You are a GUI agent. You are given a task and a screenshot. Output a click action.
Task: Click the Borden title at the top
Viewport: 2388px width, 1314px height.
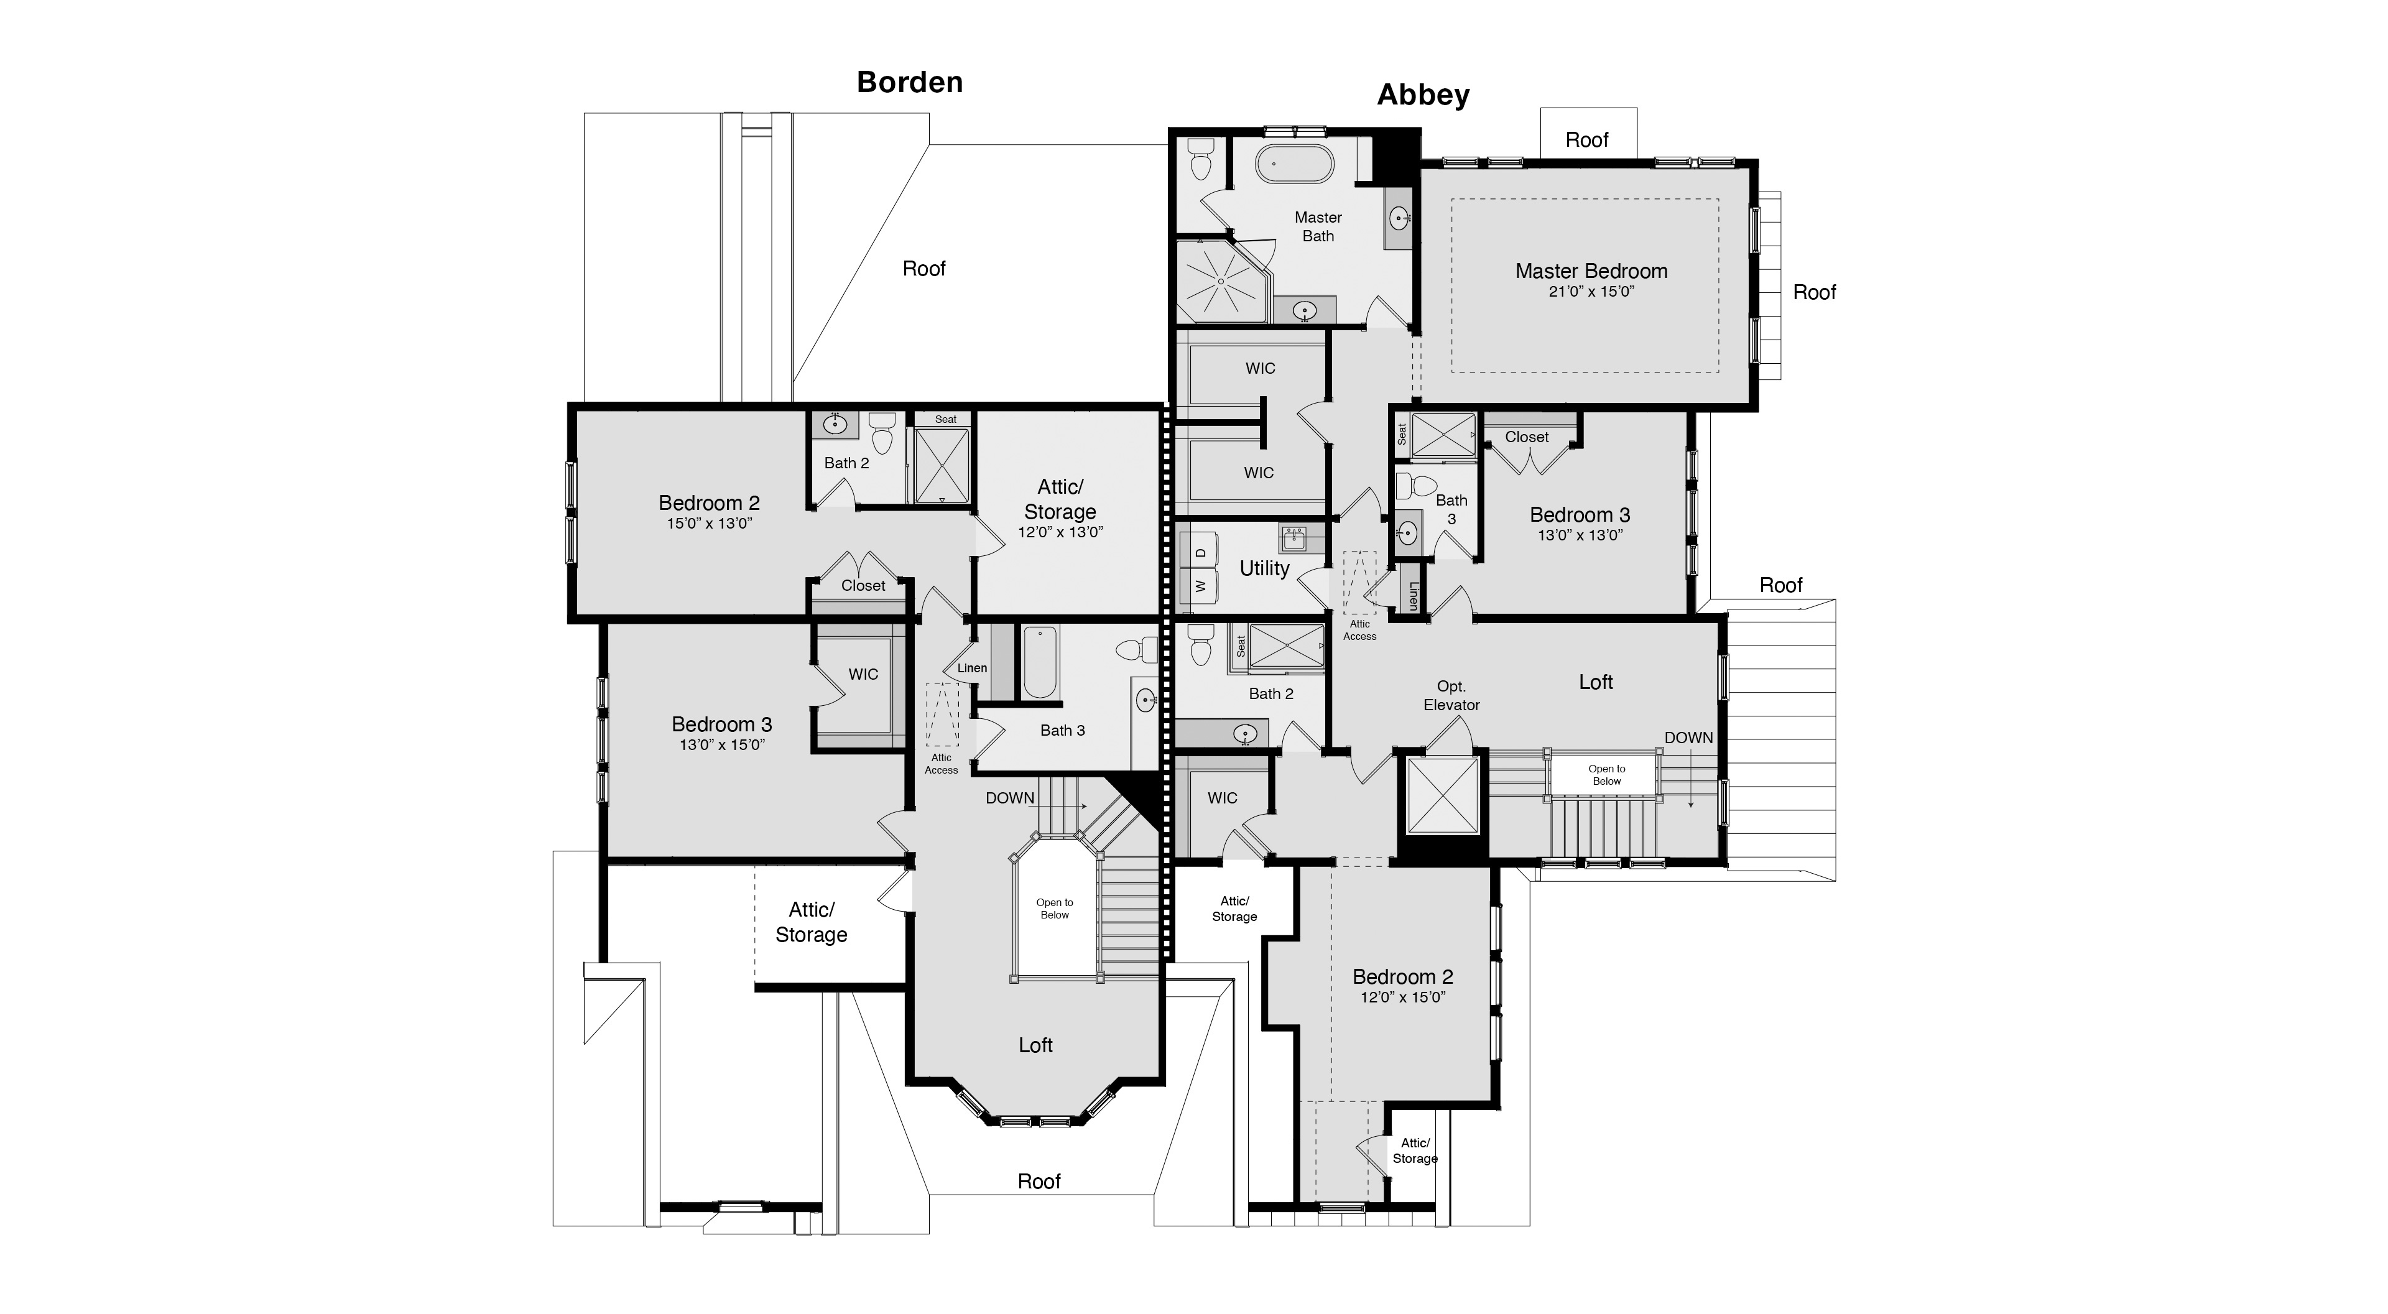[909, 83]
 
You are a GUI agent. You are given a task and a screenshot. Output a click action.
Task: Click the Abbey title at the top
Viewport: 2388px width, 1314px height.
[1422, 96]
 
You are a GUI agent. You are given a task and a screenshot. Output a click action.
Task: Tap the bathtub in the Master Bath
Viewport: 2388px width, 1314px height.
[1294, 165]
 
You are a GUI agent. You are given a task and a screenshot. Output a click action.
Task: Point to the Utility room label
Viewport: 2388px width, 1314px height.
[1264, 568]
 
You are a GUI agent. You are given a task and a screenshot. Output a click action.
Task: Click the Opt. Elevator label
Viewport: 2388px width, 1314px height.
[1451, 695]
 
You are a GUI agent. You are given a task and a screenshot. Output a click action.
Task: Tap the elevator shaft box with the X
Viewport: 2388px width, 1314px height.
[1443, 795]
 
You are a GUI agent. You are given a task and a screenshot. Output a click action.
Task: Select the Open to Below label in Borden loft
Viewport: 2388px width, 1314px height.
[1054, 909]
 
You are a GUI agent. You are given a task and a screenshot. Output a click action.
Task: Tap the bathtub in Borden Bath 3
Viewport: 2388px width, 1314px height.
[1039, 662]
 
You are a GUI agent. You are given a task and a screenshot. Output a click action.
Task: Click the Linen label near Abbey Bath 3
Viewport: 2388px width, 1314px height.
[1413, 595]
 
